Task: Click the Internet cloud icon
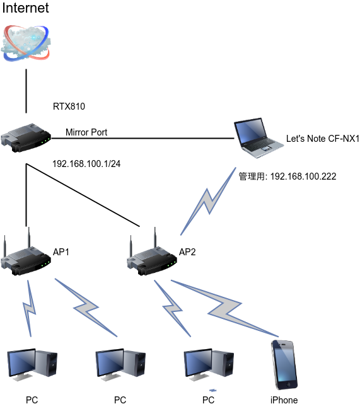point(26,43)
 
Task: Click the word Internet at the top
point(25,8)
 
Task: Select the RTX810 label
point(69,107)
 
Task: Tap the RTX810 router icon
point(26,138)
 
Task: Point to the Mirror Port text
point(86,132)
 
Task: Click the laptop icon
point(258,138)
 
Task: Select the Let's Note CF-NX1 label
point(323,139)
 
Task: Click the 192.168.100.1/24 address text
point(86,164)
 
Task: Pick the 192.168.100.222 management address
point(303,176)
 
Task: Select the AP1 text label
point(61,252)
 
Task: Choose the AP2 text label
point(187,252)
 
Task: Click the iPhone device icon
point(284,364)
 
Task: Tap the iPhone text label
point(284,400)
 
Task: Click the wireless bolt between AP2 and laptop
point(208,202)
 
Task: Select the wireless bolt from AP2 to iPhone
point(224,308)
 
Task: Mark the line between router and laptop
point(142,139)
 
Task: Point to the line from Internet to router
point(26,91)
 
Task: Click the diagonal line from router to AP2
point(83,195)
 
